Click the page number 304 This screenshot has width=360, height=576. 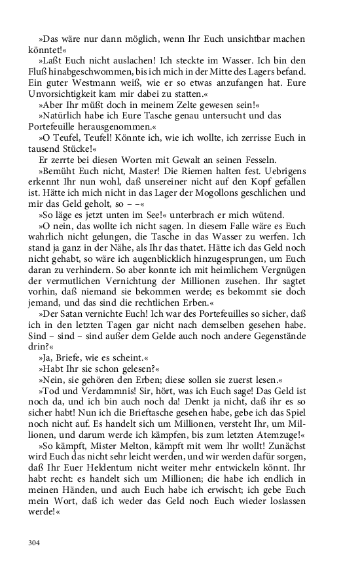point(34,542)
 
